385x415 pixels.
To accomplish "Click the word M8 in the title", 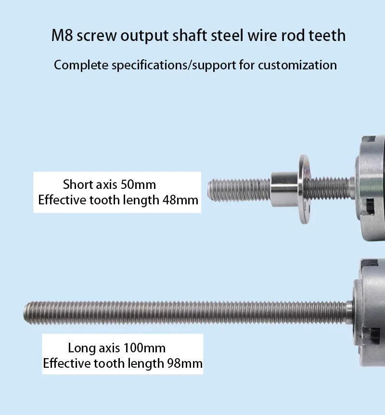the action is coord(62,36).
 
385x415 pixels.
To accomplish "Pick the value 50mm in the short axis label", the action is coord(138,185).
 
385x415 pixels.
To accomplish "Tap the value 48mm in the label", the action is coord(180,200).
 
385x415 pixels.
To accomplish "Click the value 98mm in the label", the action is coord(185,363).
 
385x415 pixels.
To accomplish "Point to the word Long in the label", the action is coord(82,348).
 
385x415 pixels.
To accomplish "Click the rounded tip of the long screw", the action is coord(26,313).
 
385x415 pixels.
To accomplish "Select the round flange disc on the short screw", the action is coord(304,189).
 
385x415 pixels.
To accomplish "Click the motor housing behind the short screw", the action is coord(371,187).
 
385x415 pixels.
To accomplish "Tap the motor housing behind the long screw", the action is coord(370,312).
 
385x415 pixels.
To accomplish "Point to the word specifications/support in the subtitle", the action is coord(174,66).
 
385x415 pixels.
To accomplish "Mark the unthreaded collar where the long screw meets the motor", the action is coord(349,312).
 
